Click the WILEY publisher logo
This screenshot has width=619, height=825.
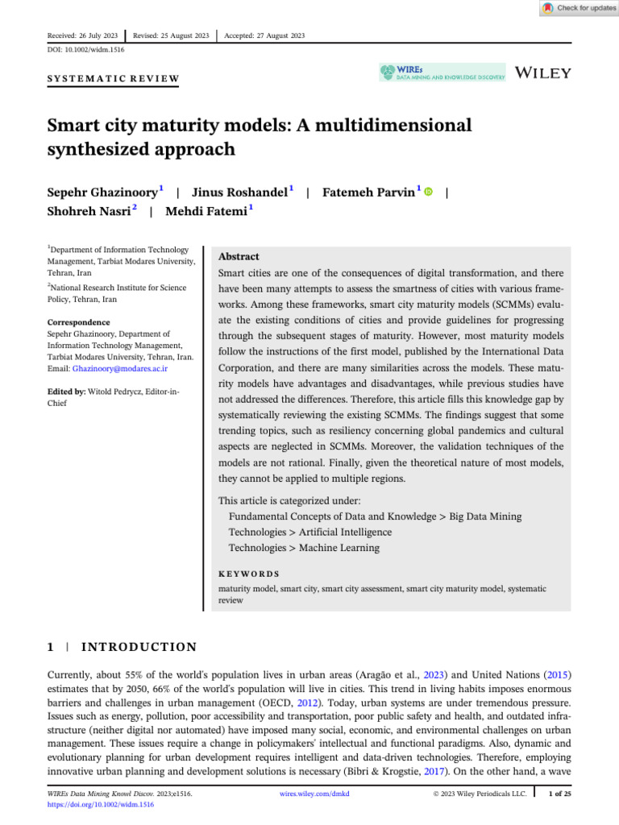(542, 73)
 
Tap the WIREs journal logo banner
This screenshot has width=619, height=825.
(442, 73)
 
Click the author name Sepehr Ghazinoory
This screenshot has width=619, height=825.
(103, 193)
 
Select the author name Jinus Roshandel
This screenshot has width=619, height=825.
(240, 193)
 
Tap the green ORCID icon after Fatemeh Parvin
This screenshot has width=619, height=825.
(428, 193)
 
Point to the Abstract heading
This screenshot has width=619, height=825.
(239, 256)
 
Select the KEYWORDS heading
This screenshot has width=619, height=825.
(249, 574)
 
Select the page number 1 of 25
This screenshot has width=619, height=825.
(559, 794)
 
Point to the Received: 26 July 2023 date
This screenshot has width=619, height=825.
(83, 35)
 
